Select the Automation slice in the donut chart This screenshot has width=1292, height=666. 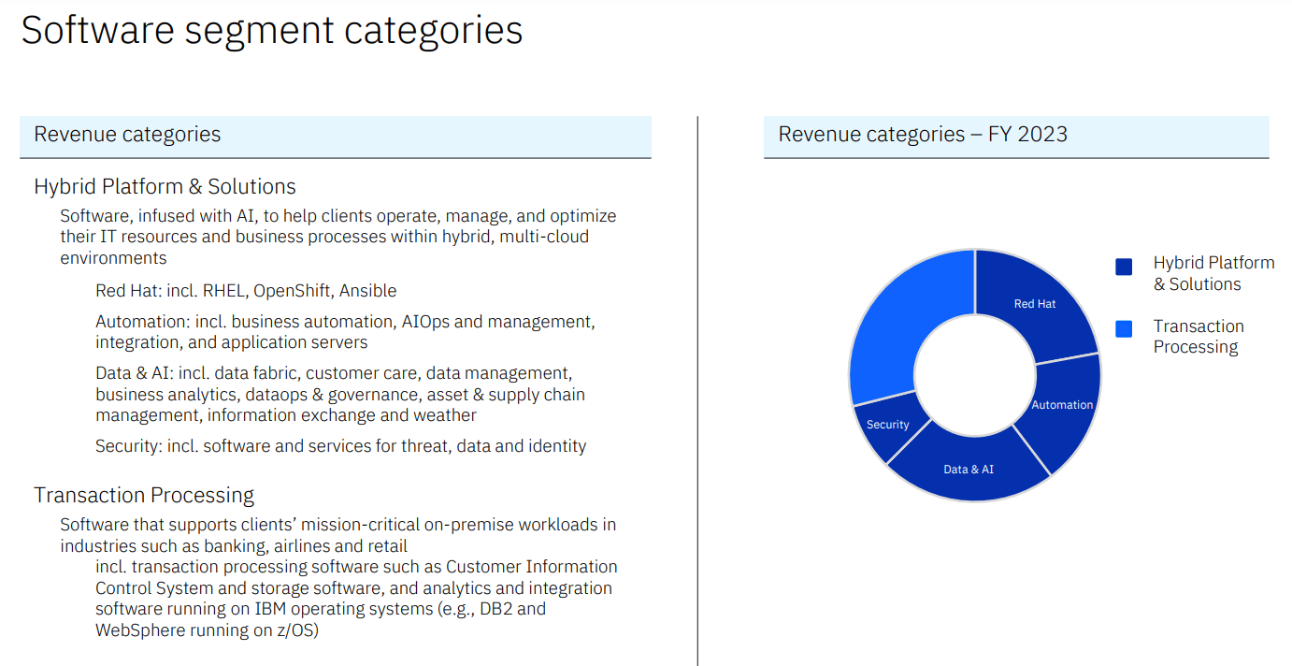1061,405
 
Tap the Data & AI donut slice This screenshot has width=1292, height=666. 969,469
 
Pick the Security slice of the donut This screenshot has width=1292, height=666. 887,425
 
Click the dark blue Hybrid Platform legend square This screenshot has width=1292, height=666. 1124,267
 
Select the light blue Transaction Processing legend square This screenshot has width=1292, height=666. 1124,328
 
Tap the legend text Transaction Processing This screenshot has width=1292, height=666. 1198,336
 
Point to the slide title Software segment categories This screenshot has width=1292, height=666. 271,31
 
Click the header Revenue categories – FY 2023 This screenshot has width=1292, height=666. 923,134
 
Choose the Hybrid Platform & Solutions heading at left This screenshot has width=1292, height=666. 165,186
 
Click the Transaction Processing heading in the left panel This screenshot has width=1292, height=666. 144,495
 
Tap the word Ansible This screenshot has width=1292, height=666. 367,291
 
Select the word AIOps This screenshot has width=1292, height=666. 425,322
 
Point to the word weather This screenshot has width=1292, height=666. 445,414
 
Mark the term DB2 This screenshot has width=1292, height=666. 499,609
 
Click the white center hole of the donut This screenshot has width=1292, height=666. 974,375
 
